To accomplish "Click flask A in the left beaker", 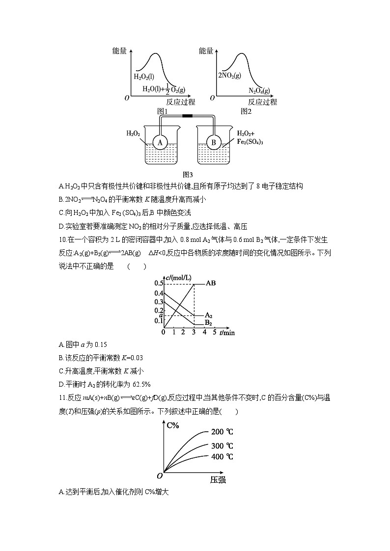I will tap(159, 142).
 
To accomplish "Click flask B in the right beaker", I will tap(214, 142).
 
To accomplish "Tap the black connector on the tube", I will tap(187, 116).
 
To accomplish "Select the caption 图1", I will tap(163, 111).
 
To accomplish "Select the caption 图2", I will tap(246, 111).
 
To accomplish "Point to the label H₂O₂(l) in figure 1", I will tap(144, 77).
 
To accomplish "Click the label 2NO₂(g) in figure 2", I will tap(229, 76).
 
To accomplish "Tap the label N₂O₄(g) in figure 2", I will tap(259, 90).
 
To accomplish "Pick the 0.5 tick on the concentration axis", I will tap(159, 284).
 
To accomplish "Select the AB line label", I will tap(211, 284).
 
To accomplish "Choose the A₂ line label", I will tap(209, 315).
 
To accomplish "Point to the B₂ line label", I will tap(208, 323).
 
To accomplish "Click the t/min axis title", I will tap(227, 333).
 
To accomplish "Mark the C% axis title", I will tap(173, 425).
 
